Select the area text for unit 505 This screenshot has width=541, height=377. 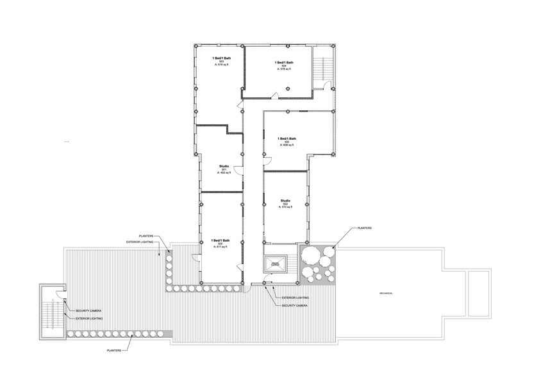pyautogui.click(x=287, y=146)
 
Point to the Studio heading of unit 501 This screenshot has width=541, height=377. pyautogui.click(x=224, y=165)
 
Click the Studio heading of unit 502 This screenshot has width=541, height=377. pyautogui.click(x=286, y=200)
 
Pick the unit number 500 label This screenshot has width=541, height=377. pyautogui.click(x=221, y=244)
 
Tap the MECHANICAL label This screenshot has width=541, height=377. pyautogui.click(x=385, y=293)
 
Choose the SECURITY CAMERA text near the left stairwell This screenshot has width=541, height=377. pyautogui.click(x=89, y=311)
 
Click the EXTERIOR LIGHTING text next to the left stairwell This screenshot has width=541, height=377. pyautogui.click(x=89, y=318)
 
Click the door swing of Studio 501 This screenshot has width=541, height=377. pyautogui.click(x=237, y=170)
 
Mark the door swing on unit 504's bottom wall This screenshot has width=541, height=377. pyautogui.click(x=274, y=96)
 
